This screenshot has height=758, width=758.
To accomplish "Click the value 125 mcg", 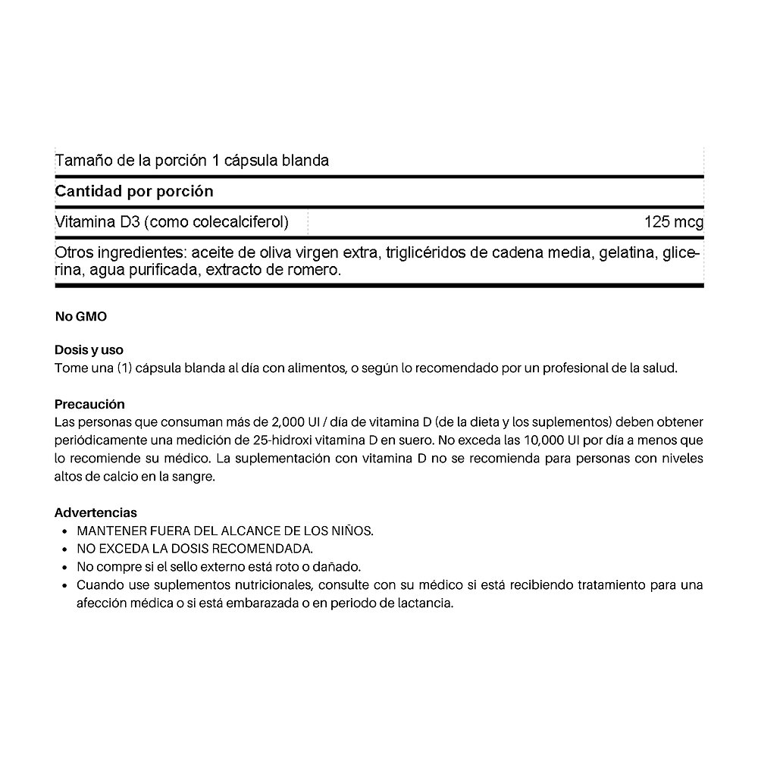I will click(673, 223).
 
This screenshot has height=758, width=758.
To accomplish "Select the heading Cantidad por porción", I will click(134, 192).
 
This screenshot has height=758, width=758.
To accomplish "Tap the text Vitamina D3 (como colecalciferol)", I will click(172, 223).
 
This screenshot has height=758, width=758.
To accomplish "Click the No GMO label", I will click(81, 317).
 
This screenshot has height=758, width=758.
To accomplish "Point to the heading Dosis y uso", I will click(89, 350).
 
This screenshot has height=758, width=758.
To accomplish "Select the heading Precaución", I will click(89, 405).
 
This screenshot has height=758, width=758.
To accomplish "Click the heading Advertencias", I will click(96, 513).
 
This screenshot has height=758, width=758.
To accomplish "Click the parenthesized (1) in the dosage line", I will click(126, 368).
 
